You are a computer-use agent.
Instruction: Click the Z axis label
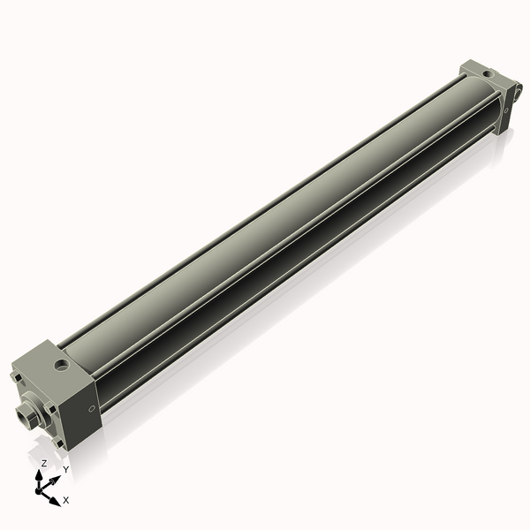click(x=44, y=463)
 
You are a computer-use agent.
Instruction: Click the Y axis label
click(x=65, y=469)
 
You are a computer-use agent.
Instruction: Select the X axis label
click(x=66, y=500)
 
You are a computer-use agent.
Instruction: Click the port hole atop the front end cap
click(x=61, y=363)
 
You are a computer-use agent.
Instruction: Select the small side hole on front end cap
click(x=92, y=408)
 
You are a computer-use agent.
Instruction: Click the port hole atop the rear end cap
click(x=484, y=70)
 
